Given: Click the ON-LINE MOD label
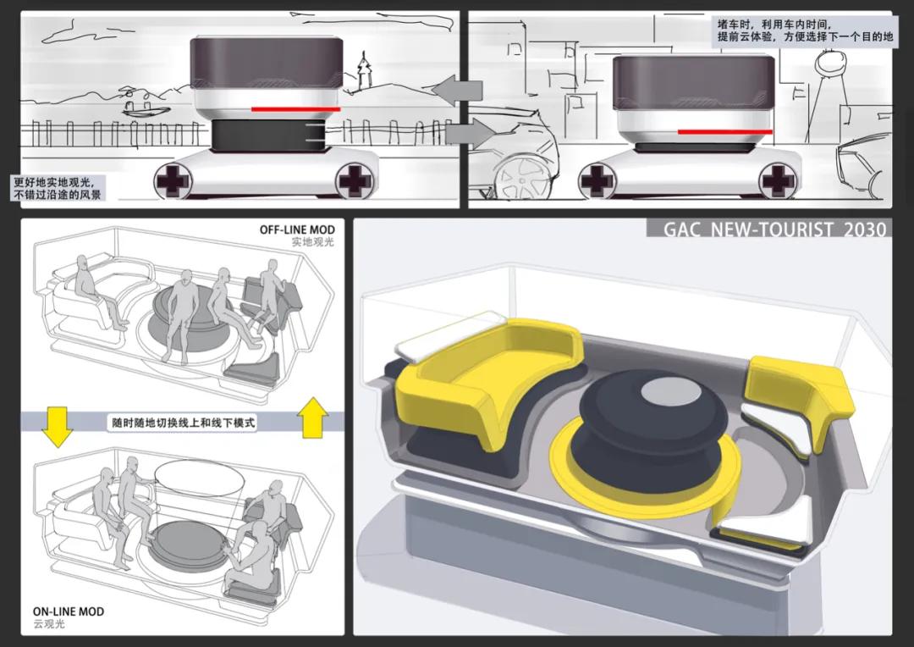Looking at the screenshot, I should click(69, 611).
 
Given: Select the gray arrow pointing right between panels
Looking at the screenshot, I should click(470, 132).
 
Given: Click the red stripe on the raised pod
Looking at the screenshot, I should click(295, 109).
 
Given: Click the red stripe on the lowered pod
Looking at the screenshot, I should click(725, 131).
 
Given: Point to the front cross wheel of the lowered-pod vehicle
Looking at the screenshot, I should click(776, 180).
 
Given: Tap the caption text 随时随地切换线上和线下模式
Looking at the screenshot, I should click(183, 421).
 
